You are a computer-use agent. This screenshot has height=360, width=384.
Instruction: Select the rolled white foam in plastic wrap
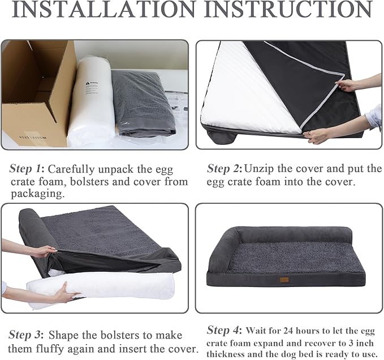click(x=91, y=102)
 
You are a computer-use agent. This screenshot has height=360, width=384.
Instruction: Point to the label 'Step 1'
click(x=26, y=169)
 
